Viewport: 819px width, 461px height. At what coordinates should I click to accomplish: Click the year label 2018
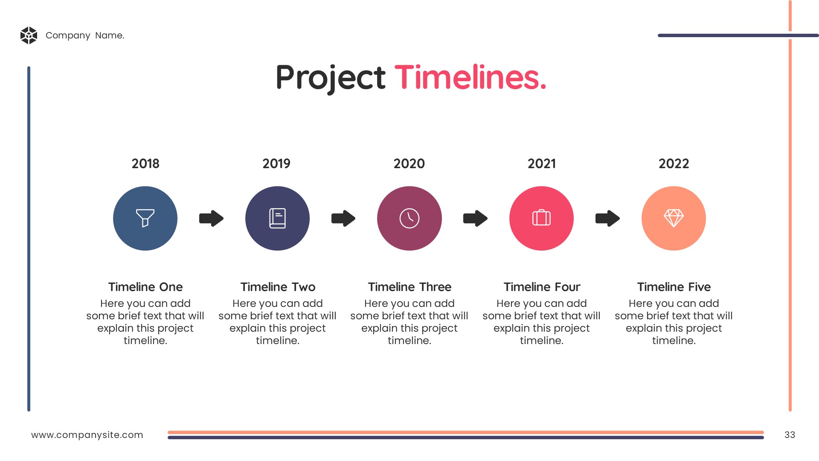[x=145, y=163]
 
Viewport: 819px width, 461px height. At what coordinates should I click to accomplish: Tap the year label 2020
[x=409, y=163]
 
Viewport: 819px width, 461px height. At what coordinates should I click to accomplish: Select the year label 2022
[x=674, y=163]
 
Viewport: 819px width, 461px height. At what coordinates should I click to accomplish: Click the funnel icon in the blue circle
[x=145, y=218]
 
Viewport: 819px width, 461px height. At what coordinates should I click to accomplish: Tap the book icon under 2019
[x=277, y=218]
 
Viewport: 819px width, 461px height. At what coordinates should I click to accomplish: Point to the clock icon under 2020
[x=409, y=218]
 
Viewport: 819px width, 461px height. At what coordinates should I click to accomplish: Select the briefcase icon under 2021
[x=541, y=218]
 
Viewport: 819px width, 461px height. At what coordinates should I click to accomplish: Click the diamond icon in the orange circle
[x=674, y=218]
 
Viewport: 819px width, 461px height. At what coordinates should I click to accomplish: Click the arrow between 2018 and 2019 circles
[x=211, y=218]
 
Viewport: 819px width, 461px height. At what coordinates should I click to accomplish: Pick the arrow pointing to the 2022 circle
[x=607, y=218]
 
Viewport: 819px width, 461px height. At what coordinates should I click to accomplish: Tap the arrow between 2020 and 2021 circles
[x=475, y=218]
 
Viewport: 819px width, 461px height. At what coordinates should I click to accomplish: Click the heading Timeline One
[x=145, y=287]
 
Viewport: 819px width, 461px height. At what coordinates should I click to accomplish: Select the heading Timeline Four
[x=542, y=287]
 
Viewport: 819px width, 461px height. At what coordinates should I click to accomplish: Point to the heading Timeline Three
[x=409, y=287]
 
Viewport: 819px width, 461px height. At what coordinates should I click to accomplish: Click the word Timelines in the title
[x=470, y=77]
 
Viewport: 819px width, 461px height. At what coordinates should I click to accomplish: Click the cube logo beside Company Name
[x=29, y=35]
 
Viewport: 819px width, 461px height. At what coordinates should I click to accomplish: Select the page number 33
[x=790, y=435]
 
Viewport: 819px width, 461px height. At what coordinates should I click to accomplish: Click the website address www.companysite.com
[x=87, y=435]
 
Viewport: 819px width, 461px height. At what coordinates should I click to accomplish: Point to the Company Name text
[x=85, y=35]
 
